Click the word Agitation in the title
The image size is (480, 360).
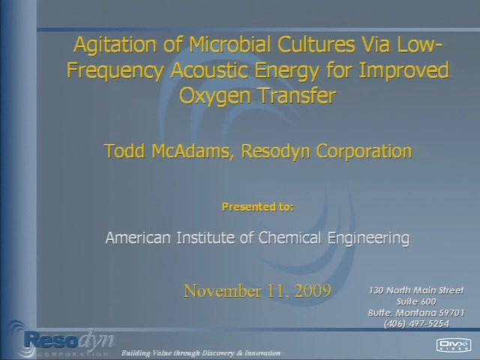[115, 45]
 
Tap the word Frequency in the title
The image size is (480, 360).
[115, 71]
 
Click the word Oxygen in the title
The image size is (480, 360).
[216, 97]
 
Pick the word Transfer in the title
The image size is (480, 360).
[298, 95]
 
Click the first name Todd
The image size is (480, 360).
[124, 151]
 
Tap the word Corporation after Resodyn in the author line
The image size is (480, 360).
[364, 151]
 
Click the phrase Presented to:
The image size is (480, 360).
[258, 207]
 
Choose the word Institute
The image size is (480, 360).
[205, 238]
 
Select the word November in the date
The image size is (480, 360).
[223, 291]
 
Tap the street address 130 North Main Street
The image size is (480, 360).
[416, 290]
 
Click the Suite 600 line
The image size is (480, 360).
[416, 301]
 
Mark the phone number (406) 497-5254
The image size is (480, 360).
[416, 323]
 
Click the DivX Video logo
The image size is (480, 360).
[453, 345]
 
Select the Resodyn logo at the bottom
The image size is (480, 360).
[61, 340]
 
